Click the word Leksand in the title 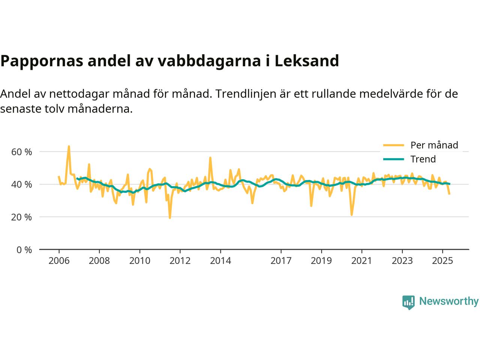point(306,61)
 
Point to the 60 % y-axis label point(21,152)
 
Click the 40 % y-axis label point(21,184)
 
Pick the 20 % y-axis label point(21,217)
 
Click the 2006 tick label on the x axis point(59,261)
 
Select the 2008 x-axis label point(99,261)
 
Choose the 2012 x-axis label point(180,261)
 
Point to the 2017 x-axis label point(281,261)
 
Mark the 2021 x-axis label point(361,261)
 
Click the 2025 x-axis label point(442,261)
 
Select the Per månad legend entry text point(434,145)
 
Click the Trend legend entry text point(423,159)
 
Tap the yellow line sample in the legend point(393,145)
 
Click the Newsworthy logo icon point(408,302)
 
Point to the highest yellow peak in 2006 point(69,146)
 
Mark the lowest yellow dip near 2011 point(170,218)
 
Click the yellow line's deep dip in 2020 point(351,215)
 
